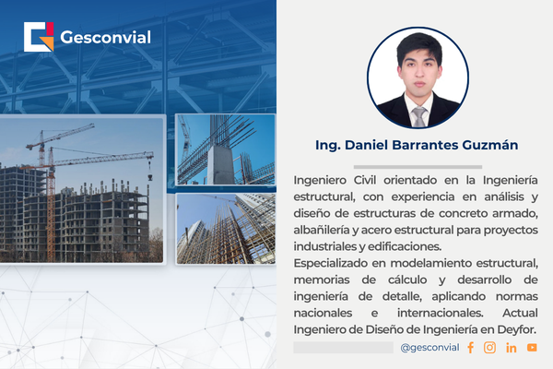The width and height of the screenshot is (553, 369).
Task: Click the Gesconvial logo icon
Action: pyautogui.click(x=39, y=37)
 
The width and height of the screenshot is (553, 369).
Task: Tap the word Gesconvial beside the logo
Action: pyautogui.click(x=105, y=38)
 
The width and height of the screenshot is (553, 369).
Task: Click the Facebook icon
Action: pyautogui.click(x=470, y=348)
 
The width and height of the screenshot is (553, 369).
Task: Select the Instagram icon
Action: pyautogui.click(x=489, y=348)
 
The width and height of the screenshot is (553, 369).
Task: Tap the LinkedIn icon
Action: pyautogui.click(x=511, y=348)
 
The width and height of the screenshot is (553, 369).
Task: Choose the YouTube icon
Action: pyautogui.click(x=532, y=348)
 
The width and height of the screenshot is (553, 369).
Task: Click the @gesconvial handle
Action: pyautogui.click(x=430, y=348)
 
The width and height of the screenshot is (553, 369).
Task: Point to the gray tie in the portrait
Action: pyautogui.click(x=418, y=116)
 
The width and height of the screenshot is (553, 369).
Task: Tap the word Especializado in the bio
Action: pyautogui.click(x=338, y=264)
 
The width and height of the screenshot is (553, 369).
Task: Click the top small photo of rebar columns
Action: pyautogui.click(x=225, y=149)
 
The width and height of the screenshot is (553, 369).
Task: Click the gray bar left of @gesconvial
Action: pyautogui.click(x=343, y=348)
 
